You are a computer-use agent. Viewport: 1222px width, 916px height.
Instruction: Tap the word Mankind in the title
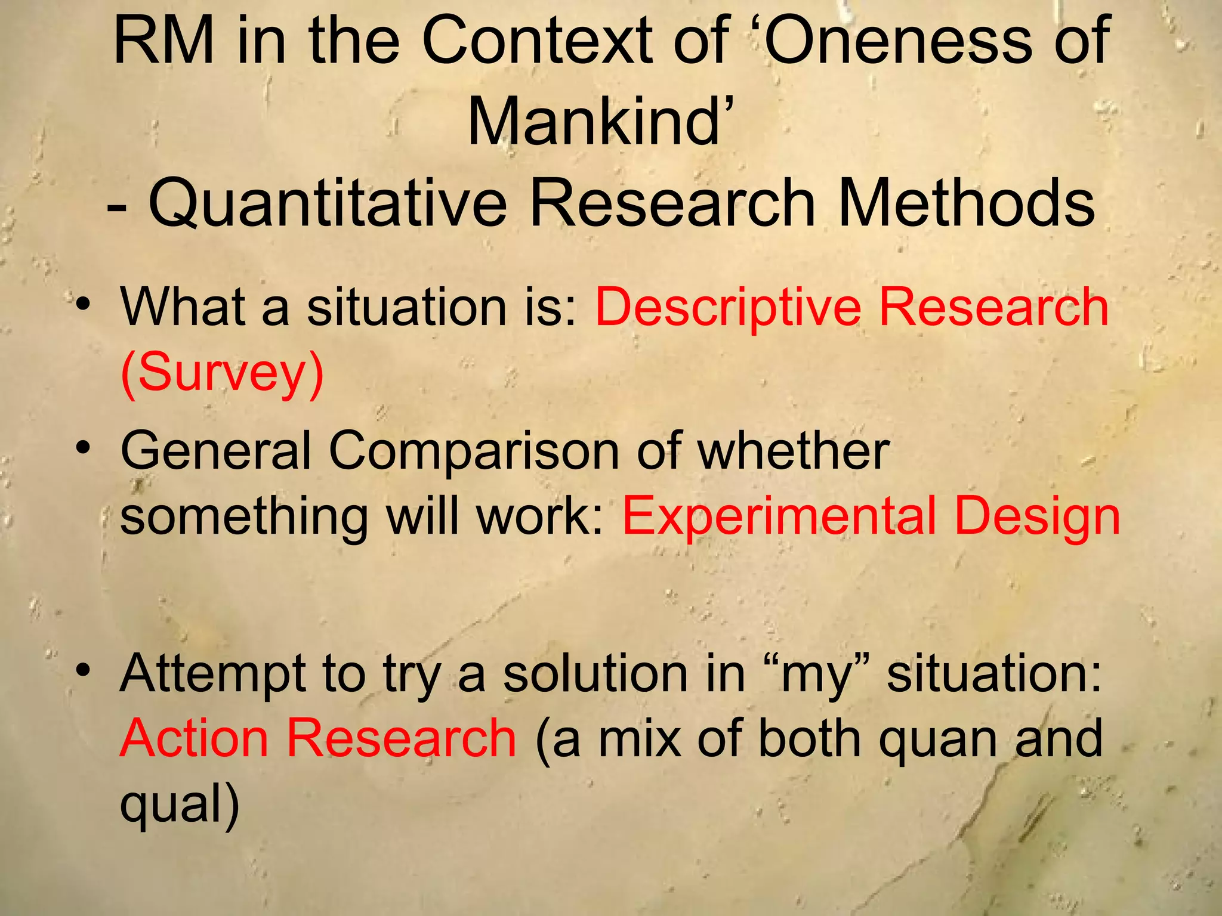[594, 122]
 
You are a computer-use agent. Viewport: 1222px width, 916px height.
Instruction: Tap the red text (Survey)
[222, 373]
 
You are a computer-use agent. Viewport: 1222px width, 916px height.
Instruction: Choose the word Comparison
[474, 452]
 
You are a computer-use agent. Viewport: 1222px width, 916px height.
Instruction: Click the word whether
[794, 451]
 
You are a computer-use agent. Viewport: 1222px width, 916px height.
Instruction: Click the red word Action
[194, 738]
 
